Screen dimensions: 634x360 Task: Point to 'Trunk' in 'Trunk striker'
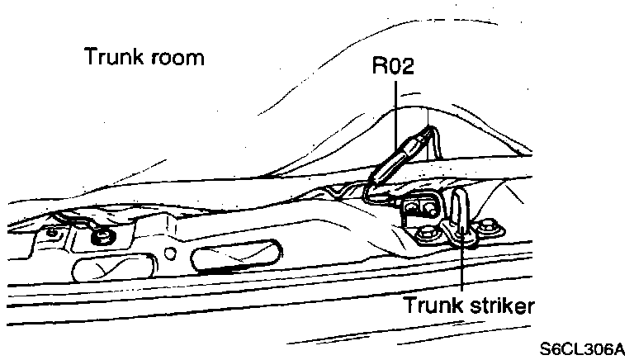pyautogui.click(x=430, y=305)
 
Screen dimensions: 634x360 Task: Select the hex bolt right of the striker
pyautogui.click(x=488, y=224)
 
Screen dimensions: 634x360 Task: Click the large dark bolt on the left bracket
pyautogui.click(x=104, y=238)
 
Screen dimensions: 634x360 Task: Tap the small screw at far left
pyautogui.click(x=51, y=231)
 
